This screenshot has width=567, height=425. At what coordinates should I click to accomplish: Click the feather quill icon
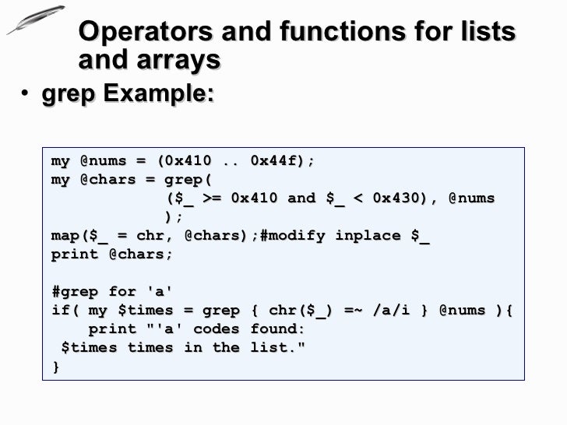(x=36, y=19)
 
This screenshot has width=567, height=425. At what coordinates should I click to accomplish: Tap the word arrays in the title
(x=181, y=60)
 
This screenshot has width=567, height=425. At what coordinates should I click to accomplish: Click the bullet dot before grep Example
(x=26, y=95)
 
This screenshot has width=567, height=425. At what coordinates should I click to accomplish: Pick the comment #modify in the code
(x=292, y=236)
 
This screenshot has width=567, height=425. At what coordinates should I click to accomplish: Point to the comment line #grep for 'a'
(x=112, y=292)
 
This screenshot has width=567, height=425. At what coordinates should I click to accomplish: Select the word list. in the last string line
(x=277, y=348)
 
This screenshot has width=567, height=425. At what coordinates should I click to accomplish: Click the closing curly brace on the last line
(x=56, y=367)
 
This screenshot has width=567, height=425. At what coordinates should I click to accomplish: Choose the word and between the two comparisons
(x=301, y=198)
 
